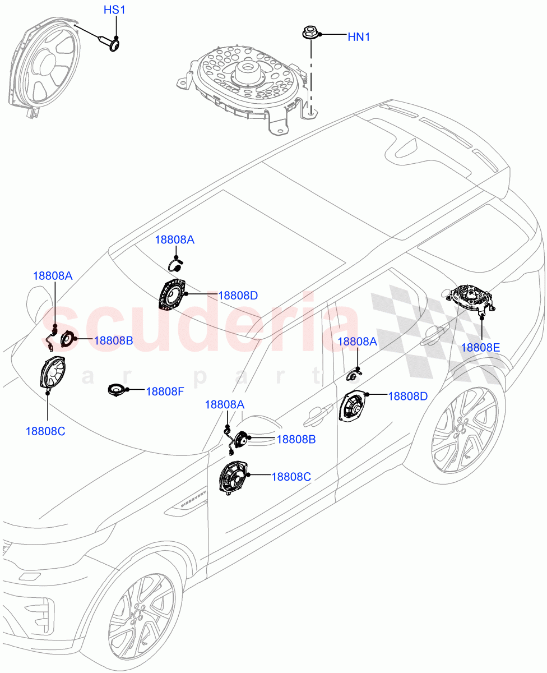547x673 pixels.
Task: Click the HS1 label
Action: click(x=115, y=11)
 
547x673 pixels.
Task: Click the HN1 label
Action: click(x=359, y=37)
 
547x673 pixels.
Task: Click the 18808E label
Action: click(x=480, y=347)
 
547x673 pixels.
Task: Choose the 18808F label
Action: click(x=165, y=391)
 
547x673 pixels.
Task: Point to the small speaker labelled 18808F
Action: click(x=117, y=389)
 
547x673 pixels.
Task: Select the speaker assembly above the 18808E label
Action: click(x=472, y=297)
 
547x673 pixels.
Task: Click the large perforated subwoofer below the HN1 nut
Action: click(x=247, y=84)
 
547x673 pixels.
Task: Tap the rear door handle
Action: click(x=432, y=335)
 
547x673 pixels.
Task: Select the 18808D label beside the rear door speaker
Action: click(x=407, y=396)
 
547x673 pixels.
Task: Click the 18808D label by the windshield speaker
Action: click(x=238, y=295)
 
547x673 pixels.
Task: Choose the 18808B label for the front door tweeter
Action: click(x=296, y=439)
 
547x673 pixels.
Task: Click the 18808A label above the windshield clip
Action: click(x=174, y=239)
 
